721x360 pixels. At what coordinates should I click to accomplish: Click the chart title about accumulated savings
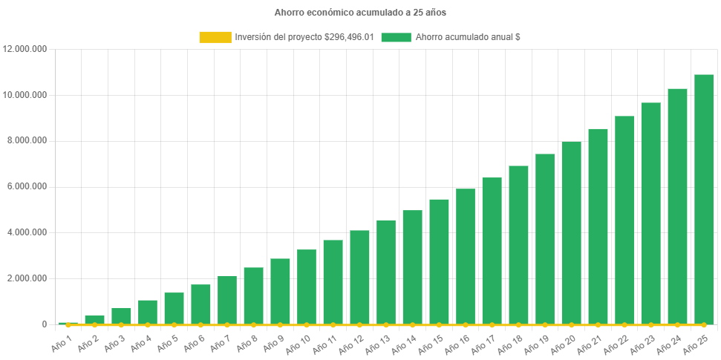pyautogui.click(x=360, y=13)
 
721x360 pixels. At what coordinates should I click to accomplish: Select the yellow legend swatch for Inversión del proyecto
pyautogui.click(x=215, y=37)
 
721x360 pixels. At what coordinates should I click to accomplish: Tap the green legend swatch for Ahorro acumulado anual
pyautogui.click(x=396, y=37)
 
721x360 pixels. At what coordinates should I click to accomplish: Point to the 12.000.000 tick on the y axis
pyautogui.click(x=25, y=49)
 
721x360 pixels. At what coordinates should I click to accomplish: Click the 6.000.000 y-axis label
pyautogui.click(x=25, y=186)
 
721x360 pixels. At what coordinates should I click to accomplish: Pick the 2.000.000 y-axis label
pyautogui.click(x=25, y=278)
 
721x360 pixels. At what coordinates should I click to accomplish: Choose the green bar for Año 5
pyautogui.click(x=174, y=308)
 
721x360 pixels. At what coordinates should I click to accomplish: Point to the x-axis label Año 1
pyautogui.click(x=62, y=342)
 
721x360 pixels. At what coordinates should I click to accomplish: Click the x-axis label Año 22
pyautogui.click(x=616, y=344)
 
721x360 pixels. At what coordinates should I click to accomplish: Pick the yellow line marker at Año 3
pyautogui.click(x=121, y=325)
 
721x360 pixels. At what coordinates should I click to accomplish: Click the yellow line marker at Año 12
pyautogui.click(x=359, y=325)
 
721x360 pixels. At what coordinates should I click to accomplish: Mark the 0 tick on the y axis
pyautogui.click(x=44, y=324)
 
